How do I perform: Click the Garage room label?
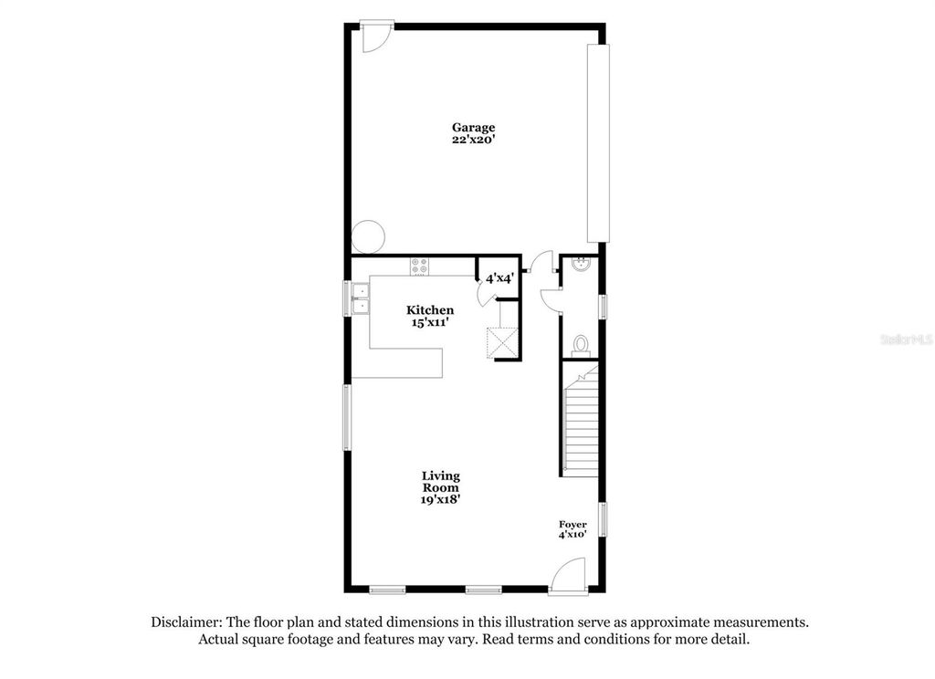[x=474, y=128]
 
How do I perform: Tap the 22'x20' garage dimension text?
[x=474, y=141]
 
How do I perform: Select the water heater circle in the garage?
[x=369, y=236]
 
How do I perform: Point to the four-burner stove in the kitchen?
[x=420, y=266]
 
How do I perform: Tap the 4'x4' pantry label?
[x=499, y=277]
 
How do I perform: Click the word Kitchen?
[x=430, y=310]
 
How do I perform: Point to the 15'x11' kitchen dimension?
[x=430, y=322]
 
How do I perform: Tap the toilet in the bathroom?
[x=580, y=344]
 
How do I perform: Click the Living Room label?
[x=441, y=482]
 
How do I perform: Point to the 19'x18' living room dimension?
[x=441, y=499]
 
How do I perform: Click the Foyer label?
[x=573, y=525]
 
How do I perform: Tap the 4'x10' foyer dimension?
[x=573, y=535]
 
